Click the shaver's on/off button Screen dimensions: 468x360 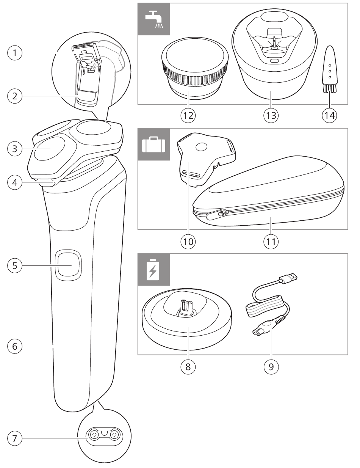pyautogui.click(x=69, y=265)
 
